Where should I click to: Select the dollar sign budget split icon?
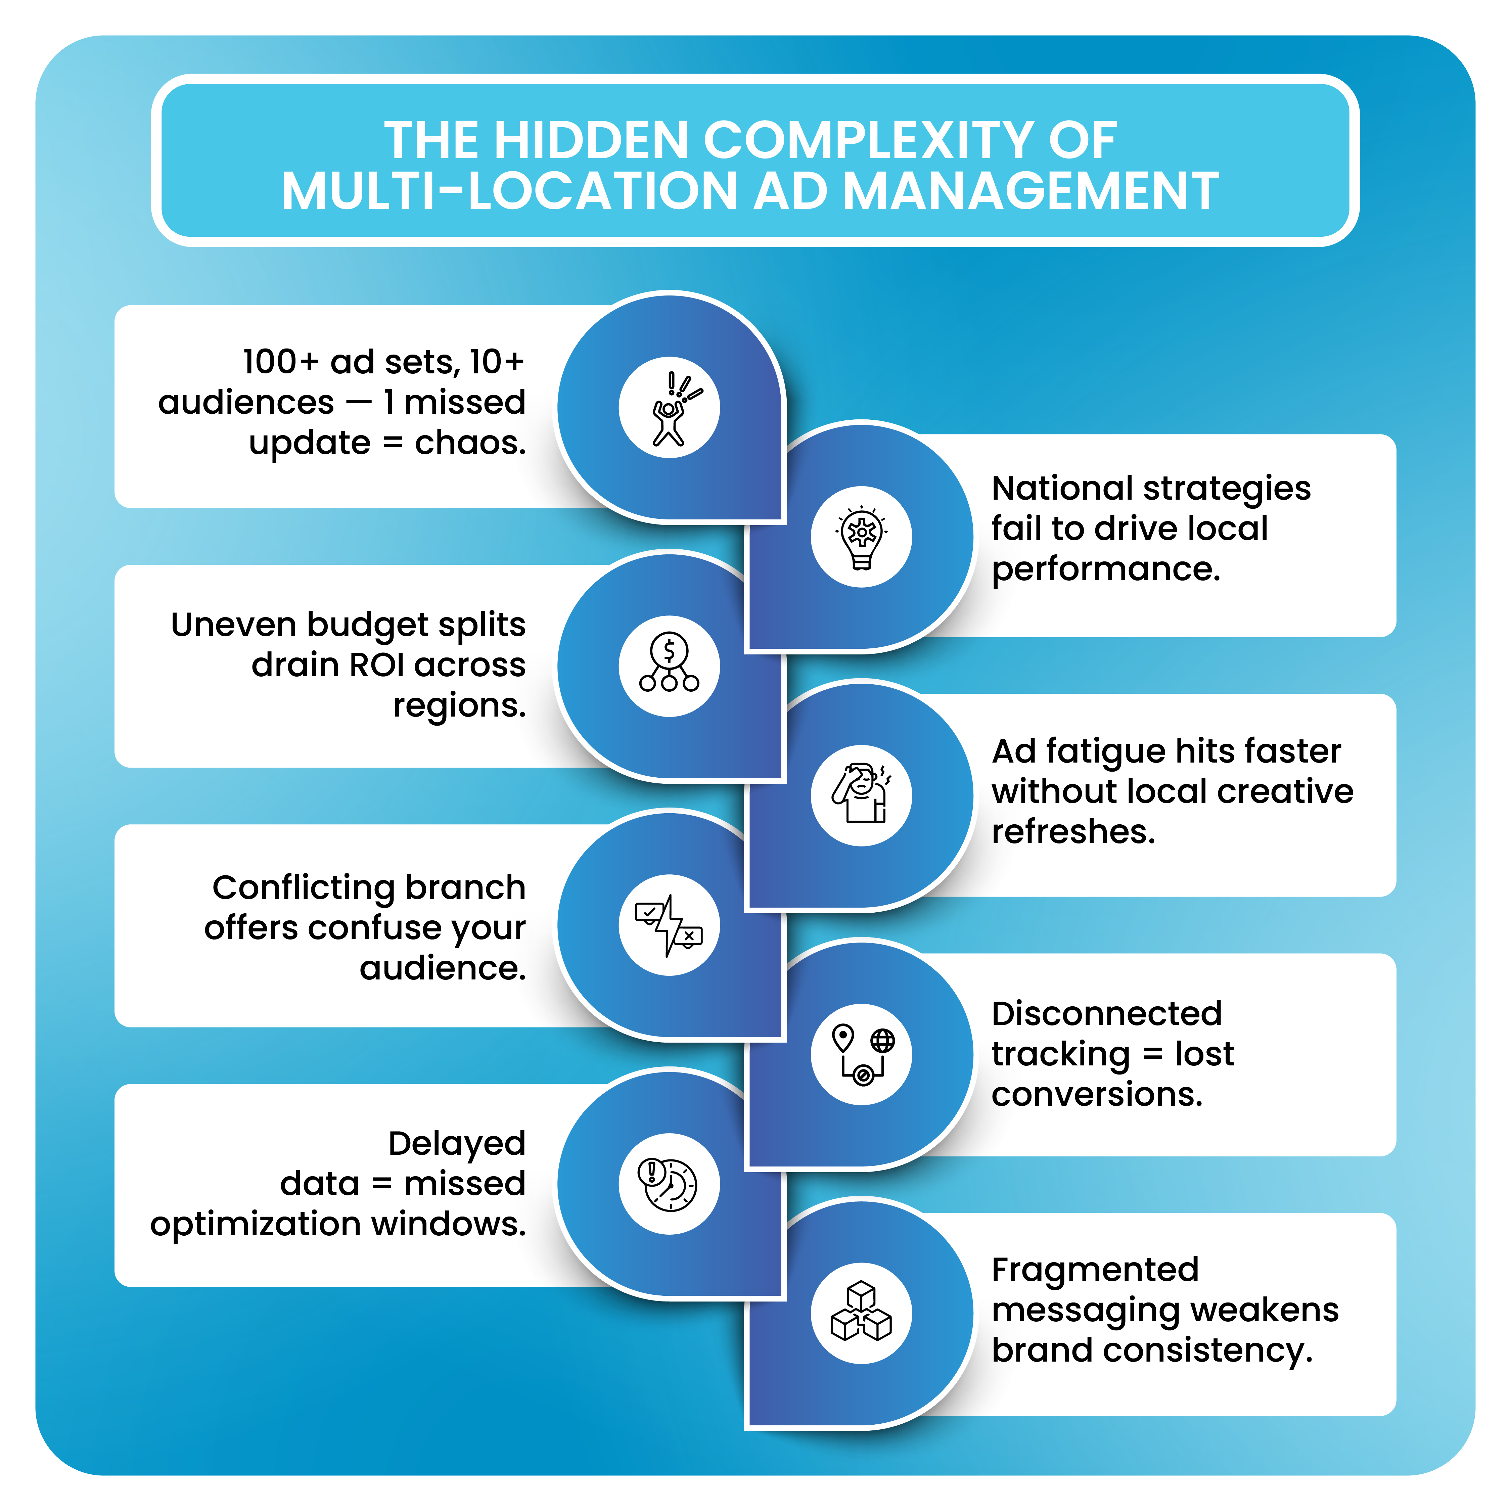[669, 666]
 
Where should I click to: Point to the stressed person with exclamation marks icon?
[669, 408]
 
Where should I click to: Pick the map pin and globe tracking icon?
[861, 1053]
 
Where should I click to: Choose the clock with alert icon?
[669, 1183]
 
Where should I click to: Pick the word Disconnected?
[1106, 1014]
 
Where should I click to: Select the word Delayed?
[457, 1143]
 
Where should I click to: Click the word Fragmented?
[1094, 1270]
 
